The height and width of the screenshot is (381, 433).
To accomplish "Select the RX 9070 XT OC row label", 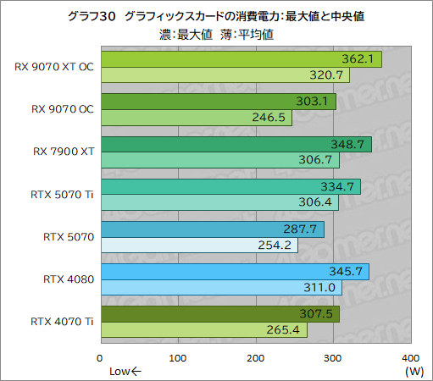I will [x=53, y=67].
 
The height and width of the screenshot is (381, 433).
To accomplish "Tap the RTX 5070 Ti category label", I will [x=58, y=194].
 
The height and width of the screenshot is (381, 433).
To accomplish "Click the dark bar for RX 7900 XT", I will [x=236, y=144].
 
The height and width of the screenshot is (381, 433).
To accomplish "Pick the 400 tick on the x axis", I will [x=409, y=357].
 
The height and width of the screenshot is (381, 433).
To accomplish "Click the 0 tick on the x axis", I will [x=101, y=357].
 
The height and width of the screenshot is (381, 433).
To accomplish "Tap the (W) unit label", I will [x=414, y=370].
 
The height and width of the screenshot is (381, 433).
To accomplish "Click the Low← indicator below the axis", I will [x=125, y=370].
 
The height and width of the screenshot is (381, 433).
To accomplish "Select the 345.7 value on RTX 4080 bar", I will [x=350, y=271].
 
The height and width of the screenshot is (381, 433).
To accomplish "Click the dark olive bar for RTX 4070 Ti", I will [x=219, y=313].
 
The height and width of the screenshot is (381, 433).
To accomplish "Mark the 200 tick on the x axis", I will [x=255, y=357].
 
